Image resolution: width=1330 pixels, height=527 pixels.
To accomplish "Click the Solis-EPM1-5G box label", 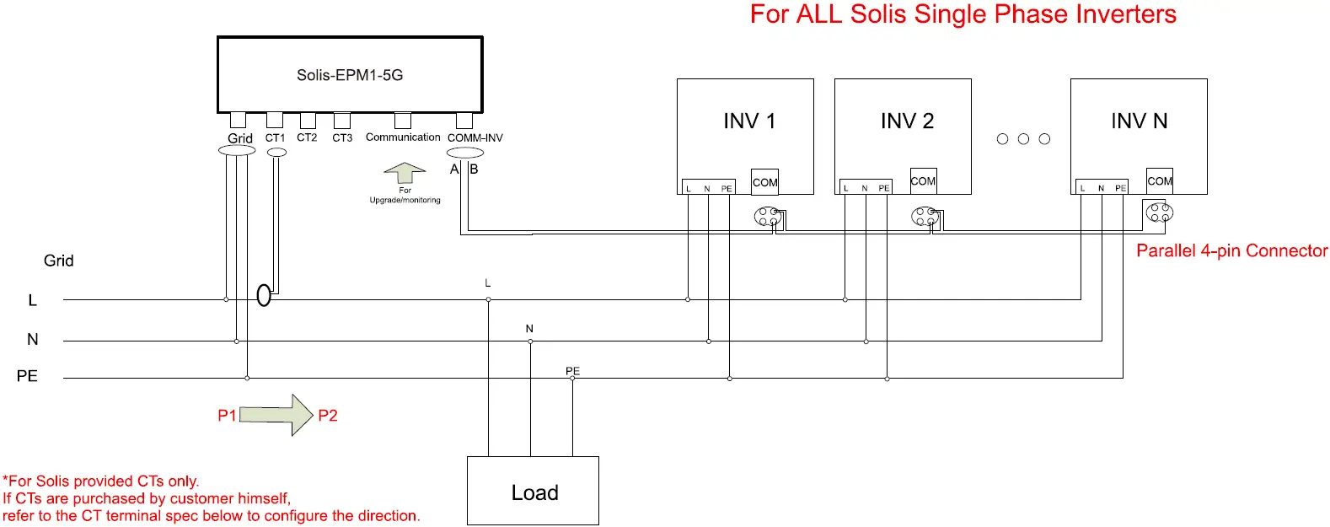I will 350,75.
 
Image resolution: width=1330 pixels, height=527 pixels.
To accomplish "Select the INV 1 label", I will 748,121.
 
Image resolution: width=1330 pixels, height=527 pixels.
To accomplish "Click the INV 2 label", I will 907,121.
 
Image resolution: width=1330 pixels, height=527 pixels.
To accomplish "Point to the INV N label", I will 1139,121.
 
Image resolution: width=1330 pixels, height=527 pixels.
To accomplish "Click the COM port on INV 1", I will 764,182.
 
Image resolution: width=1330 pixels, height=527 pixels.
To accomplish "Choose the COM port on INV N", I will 1159,181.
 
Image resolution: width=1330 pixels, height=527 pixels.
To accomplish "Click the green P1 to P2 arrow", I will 277,415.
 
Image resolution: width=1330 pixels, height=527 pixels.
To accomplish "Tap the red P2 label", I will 328,416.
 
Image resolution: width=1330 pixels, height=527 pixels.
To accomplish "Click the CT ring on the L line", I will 264,296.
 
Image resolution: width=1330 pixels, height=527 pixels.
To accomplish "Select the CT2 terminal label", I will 307,137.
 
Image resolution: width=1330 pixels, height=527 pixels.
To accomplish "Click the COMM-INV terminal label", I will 475,137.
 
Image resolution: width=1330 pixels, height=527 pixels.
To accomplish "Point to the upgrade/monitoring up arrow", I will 405,172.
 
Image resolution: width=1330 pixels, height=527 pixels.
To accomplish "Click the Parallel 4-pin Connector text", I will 1231,250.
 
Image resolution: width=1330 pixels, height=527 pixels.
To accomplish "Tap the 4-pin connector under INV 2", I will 924,217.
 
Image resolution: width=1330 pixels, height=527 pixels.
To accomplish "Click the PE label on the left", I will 27,376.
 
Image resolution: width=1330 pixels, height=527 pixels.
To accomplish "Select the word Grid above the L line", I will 58,261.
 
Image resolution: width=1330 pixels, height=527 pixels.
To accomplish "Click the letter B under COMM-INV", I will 474,169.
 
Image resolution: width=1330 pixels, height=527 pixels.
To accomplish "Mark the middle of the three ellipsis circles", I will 1023,139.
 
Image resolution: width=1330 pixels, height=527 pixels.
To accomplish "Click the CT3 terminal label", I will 342,137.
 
